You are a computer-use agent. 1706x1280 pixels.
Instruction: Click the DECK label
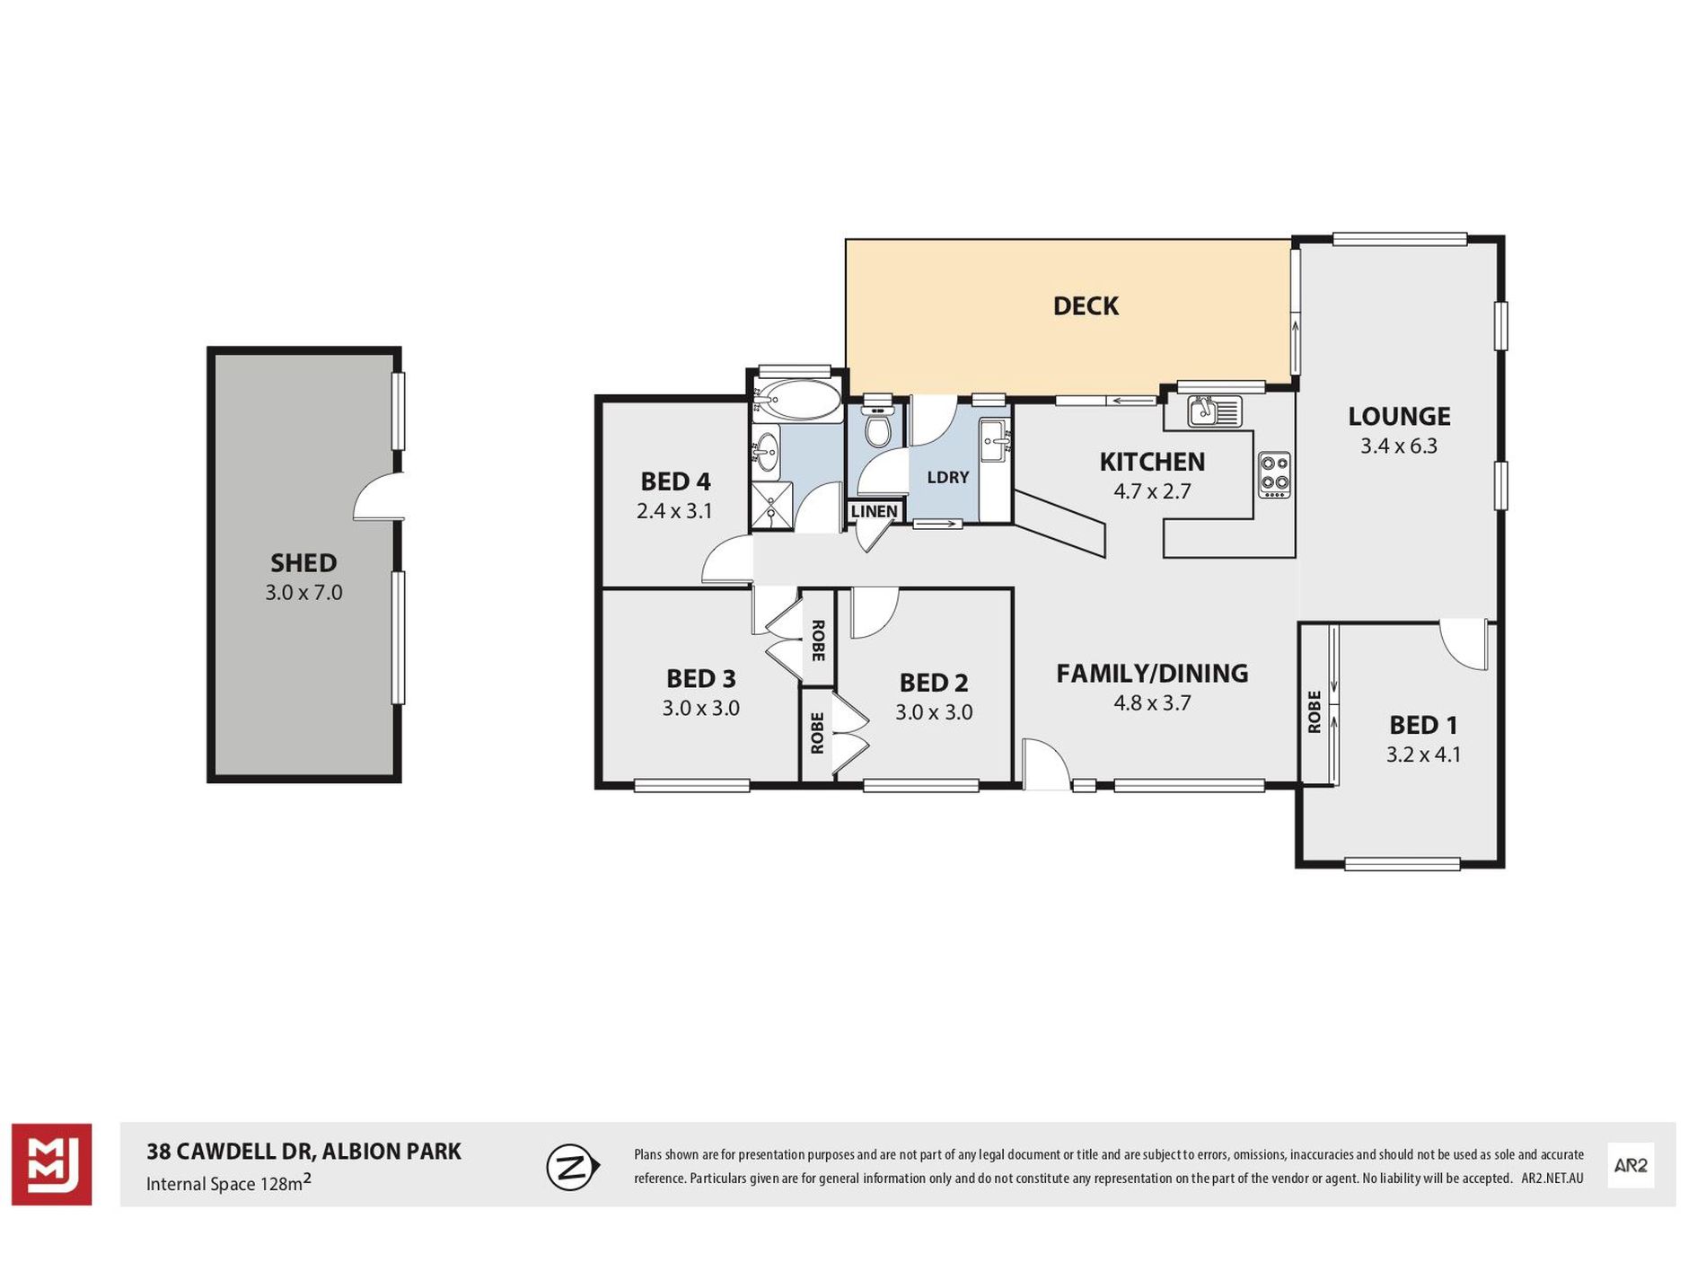(1086, 306)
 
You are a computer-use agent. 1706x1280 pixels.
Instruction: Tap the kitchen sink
(1215, 411)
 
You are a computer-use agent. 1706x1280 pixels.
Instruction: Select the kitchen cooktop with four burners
(1274, 474)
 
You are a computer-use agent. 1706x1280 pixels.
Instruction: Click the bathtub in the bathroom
(796, 401)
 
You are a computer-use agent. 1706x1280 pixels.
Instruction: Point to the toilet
(876, 427)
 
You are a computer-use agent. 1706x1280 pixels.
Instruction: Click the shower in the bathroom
(772, 505)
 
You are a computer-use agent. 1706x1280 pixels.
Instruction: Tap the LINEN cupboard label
(874, 511)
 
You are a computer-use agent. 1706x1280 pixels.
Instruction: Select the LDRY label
(948, 477)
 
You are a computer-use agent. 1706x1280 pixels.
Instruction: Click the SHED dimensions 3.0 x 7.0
(303, 593)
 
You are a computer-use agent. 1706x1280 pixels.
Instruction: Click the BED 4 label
(675, 481)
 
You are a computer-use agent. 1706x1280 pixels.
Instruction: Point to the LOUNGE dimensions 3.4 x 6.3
(1399, 446)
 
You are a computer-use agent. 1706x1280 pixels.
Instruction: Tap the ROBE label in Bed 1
(1315, 711)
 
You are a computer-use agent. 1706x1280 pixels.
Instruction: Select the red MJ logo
(51, 1164)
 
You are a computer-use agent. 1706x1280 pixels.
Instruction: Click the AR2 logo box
(1631, 1165)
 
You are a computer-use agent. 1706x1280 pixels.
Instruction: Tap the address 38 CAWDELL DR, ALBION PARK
(303, 1152)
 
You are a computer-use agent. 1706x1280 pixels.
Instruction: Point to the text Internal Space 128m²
(229, 1183)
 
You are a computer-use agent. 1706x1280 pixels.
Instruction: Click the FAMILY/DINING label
(1152, 673)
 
